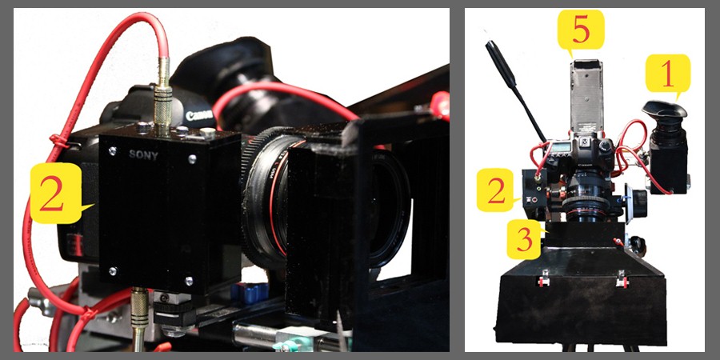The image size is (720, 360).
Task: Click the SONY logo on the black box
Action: click(x=143, y=155)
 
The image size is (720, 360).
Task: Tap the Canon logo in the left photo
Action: click(x=199, y=115)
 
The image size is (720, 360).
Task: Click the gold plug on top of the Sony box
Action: click(x=162, y=97)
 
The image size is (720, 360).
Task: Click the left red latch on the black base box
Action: click(x=544, y=279)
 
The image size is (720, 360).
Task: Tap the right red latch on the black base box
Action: click(x=622, y=279)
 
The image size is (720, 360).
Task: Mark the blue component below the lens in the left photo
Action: click(x=250, y=293)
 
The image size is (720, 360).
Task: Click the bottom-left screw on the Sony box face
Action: click(x=113, y=271)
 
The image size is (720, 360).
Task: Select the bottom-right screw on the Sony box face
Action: click(x=189, y=280)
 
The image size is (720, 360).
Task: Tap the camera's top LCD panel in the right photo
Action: click(x=561, y=147)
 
